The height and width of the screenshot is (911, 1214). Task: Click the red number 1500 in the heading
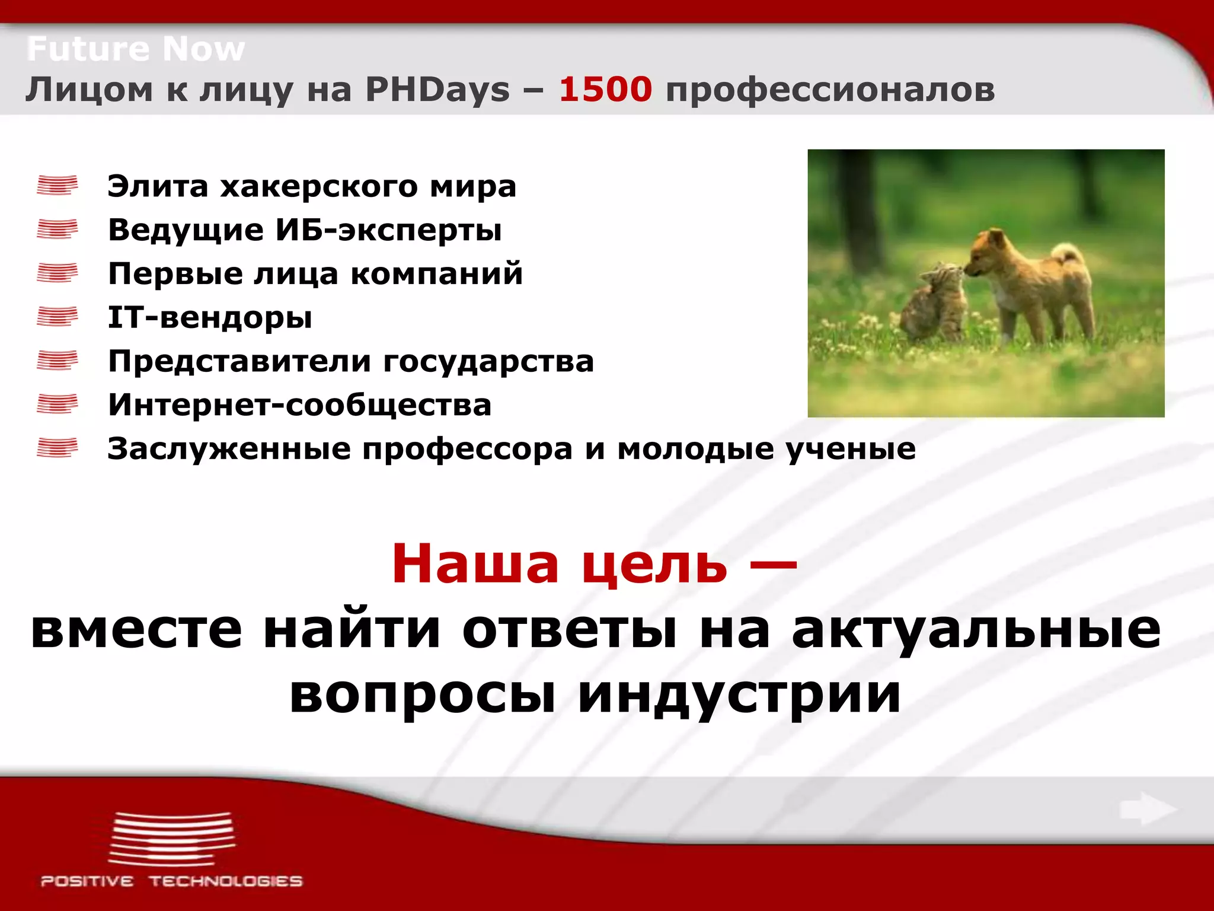[605, 90]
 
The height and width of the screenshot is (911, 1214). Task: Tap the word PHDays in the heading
[437, 90]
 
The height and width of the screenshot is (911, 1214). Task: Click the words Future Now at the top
[136, 49]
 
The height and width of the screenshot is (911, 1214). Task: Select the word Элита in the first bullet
[158, 186]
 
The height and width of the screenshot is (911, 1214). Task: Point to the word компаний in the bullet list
[436, 273]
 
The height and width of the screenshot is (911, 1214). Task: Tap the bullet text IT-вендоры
[210, 317]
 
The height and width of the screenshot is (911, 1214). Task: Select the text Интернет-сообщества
[299, 405]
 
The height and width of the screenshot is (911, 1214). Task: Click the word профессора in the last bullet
[467, 449]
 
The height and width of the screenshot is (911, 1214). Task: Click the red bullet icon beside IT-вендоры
[57, 317]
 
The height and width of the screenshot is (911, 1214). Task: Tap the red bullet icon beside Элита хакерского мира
[57, 185]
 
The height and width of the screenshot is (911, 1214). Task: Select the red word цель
[654, 563]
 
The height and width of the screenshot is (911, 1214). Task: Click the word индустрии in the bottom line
[739, 693]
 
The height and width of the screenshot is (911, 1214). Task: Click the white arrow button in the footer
[1147, 809]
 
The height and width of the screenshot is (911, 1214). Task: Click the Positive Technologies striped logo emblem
[172, 839]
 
